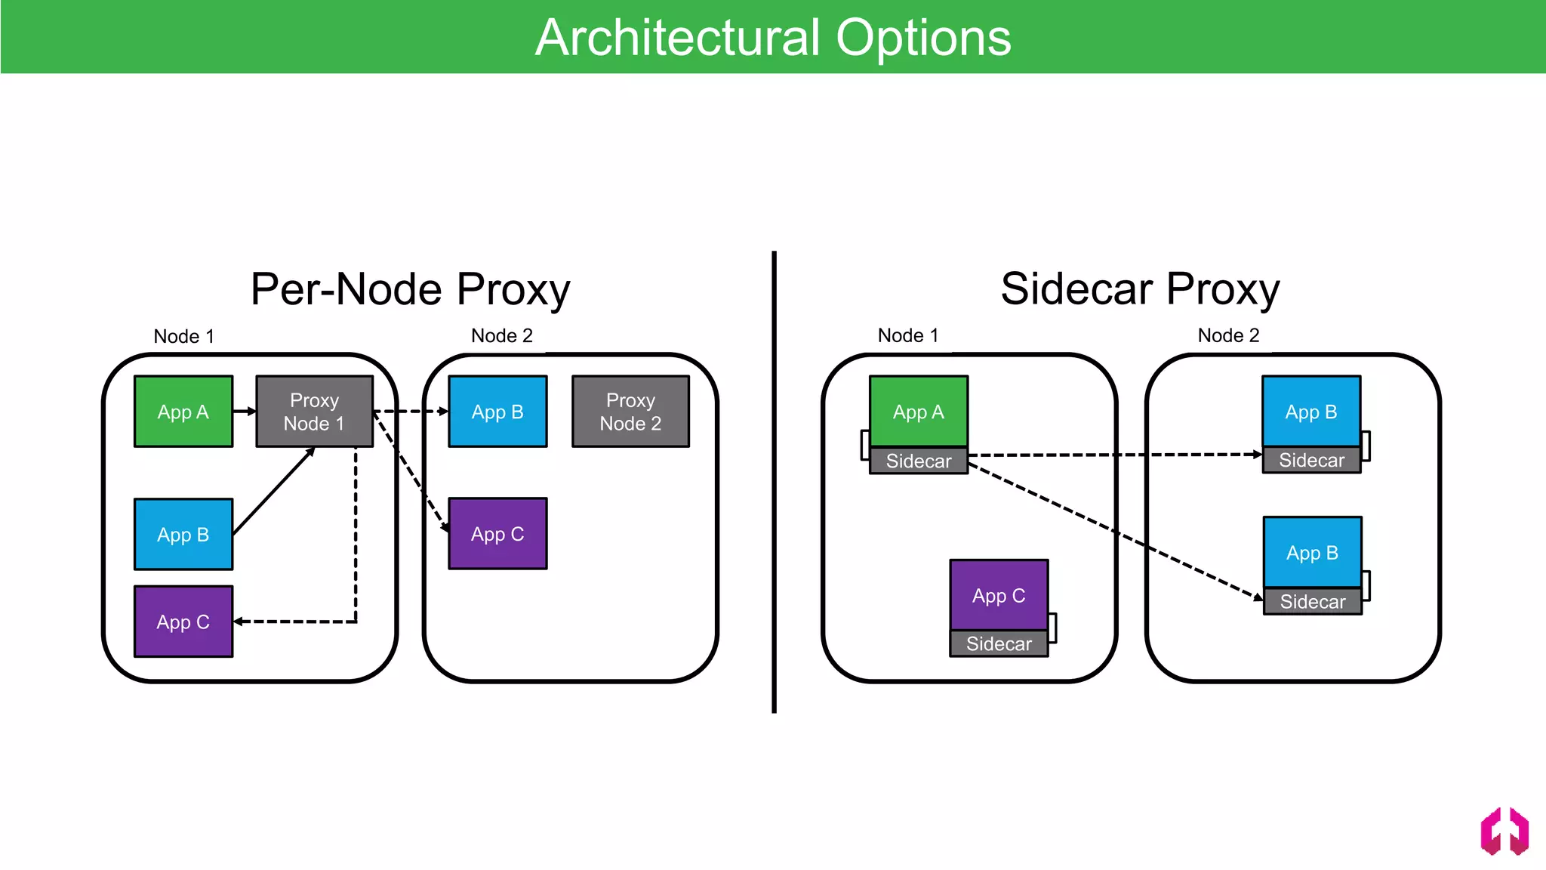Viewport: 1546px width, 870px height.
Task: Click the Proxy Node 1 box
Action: coord(314,412)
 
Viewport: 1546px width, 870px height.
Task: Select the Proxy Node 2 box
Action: coord(630,412)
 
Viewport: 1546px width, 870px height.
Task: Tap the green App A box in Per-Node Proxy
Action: coord(183,412)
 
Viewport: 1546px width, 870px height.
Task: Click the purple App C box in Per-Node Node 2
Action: coord(497,534)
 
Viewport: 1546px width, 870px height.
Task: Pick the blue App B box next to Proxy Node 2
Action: coord(497,412)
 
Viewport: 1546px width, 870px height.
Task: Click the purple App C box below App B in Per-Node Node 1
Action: coord(183,622)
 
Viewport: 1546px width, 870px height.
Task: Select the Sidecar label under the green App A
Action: coord(918,461)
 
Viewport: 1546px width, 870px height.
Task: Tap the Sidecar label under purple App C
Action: coord(998,643)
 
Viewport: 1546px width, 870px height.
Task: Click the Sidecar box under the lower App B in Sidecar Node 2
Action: coord(1312,602)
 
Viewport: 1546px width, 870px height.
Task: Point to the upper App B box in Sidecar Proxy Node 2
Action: coord(1310,412)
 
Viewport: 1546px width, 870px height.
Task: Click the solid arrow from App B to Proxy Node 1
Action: coord(273,492)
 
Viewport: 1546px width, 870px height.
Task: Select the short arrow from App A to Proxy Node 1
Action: coord(244,412)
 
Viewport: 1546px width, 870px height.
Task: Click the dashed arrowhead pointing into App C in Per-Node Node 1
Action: coord(239,622)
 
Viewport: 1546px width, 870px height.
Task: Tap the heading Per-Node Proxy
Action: coord(410,289)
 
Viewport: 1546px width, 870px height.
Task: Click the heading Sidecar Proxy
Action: coord(1140,289)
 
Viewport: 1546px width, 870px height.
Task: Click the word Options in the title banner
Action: coord(922,38)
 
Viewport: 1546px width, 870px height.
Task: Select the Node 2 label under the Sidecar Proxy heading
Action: coord(1228,335)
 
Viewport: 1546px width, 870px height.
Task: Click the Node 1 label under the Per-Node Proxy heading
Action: coord(183,336)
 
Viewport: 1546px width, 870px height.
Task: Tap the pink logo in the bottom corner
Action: coord(1504,831)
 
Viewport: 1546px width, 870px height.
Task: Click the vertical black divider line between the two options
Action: coord(774,483)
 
